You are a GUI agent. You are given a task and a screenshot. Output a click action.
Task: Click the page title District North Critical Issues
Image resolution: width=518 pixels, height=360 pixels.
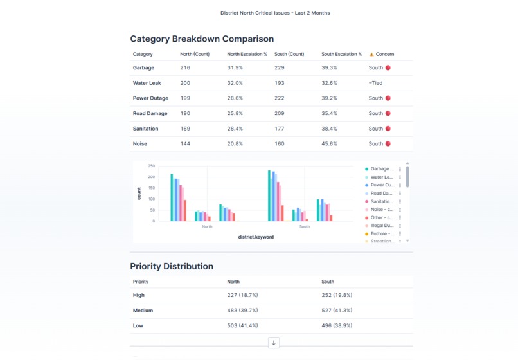click(x=275, y=13)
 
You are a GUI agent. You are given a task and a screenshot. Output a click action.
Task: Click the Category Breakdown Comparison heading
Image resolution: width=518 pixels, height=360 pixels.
click(x=202, y=39)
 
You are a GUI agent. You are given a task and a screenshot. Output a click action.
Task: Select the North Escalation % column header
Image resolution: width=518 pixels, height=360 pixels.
click(x=247, y=54)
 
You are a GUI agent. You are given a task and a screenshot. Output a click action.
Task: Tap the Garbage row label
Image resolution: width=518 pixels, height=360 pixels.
click(x=143, y=67)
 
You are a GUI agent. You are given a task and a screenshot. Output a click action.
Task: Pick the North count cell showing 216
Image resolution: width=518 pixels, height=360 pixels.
click(x=185, y=67)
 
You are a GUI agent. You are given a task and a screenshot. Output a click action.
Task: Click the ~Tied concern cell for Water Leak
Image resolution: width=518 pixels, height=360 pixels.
click(x=376, y=83)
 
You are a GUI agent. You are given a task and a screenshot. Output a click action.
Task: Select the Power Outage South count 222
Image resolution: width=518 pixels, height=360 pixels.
click(x=280, y=98)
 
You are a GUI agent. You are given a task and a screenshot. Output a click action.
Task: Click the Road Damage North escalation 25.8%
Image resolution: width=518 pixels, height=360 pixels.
click(x=235, y=113)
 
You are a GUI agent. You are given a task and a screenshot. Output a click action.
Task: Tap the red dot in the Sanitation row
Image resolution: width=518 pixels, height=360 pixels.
click(x=388, y=129)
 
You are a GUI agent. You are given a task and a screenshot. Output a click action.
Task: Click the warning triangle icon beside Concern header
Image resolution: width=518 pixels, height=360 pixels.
click(x=371, y=55)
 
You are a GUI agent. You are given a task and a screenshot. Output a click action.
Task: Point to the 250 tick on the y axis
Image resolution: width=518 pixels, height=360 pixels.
click(x=151, y=166)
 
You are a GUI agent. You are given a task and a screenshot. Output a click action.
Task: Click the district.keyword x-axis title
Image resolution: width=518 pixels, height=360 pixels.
click(x=256, y=237)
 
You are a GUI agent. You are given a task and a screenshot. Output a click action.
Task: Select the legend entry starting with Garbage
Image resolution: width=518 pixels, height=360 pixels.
click(x=382, y=169)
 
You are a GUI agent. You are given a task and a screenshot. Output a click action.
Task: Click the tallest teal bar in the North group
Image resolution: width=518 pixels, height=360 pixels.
click(x=172, y=197)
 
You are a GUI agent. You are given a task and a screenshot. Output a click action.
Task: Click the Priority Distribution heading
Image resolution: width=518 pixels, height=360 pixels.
click(x=172, y=266)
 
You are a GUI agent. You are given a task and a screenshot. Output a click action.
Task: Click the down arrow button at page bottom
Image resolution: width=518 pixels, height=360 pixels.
click(x=274, y=343)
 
